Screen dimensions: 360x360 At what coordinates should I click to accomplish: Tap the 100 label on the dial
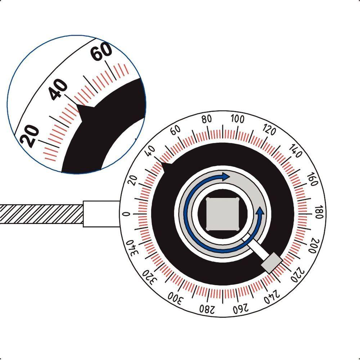(x=238, y=119)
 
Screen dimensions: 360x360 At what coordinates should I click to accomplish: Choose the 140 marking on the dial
(x=296, y=151)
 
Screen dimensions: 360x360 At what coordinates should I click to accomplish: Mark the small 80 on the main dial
(x=207, y=120)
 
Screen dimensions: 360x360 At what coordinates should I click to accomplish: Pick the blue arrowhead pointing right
(x=225, y=176)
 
